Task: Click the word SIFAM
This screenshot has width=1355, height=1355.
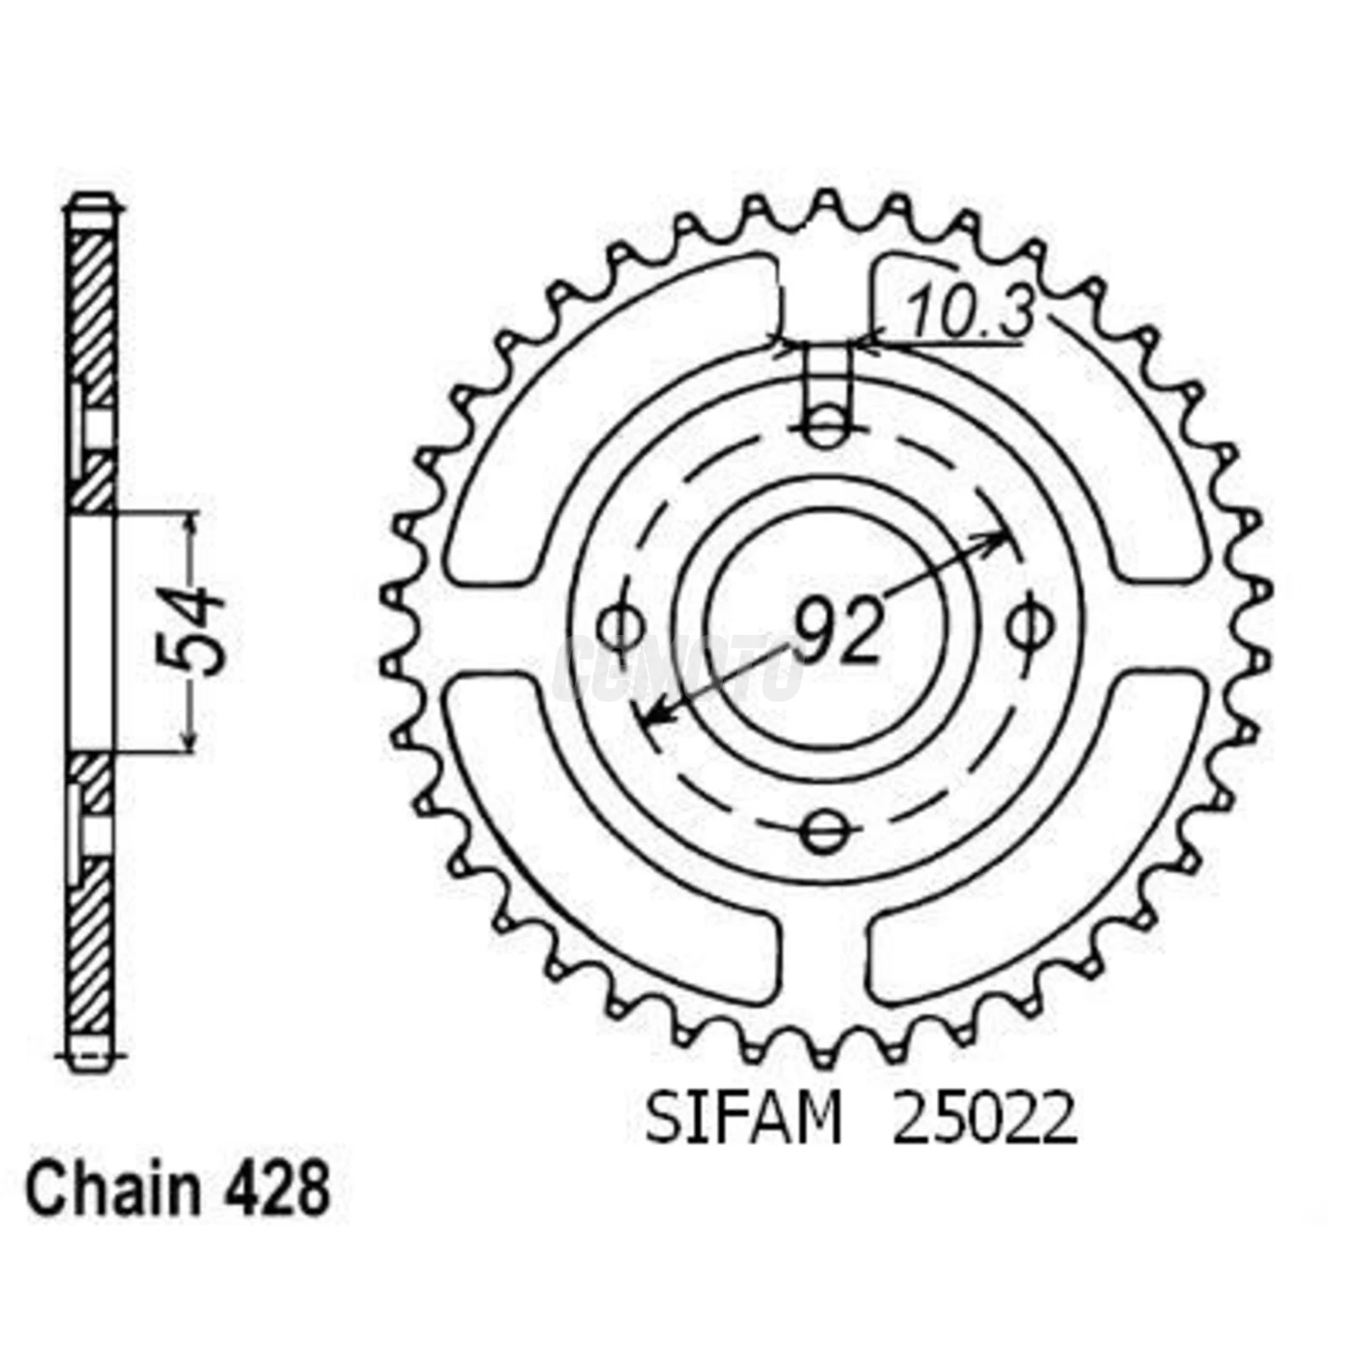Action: click(x=743, y=1121)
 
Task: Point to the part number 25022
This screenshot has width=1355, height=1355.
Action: click(x=983, y=1121)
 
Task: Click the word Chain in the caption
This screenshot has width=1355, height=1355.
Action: click(x=112, y=1189)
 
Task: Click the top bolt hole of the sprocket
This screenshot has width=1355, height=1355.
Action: click(x=825, y=428)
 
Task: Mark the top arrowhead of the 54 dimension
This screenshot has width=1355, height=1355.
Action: click(x=191, y=521)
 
